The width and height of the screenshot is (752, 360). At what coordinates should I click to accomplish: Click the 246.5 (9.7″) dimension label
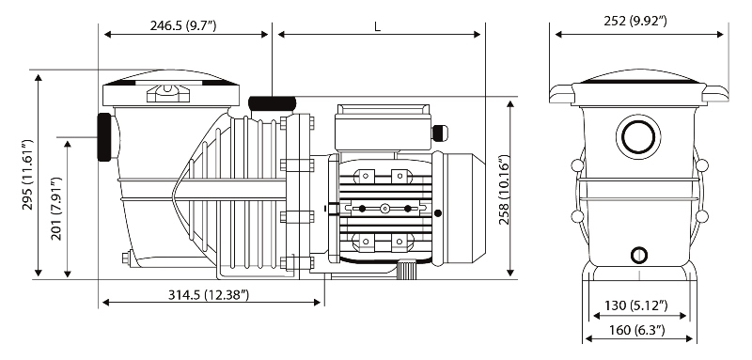pos(183,25)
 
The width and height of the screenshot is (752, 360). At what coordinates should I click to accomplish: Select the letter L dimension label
pos(378,27)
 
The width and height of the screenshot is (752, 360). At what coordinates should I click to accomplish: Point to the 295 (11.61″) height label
pos(27,175)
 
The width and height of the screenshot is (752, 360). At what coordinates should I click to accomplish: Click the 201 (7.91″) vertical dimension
pos(56,209)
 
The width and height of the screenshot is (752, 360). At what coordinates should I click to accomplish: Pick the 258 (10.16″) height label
pos(504,190)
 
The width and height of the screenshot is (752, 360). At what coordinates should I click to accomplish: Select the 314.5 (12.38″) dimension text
pos(209,295)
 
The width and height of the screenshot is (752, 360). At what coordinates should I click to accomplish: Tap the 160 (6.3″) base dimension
pos(637,330)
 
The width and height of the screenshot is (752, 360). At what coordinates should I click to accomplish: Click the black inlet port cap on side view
pos(104,137)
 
